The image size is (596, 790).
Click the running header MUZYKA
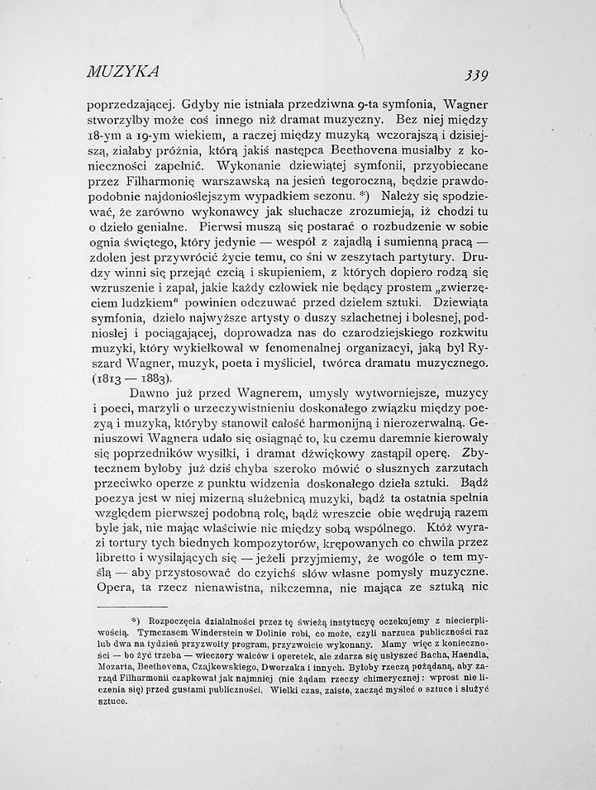pyautogui.click(x=122, y=70)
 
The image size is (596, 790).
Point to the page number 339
pyautogui.click(x=476, y=75)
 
